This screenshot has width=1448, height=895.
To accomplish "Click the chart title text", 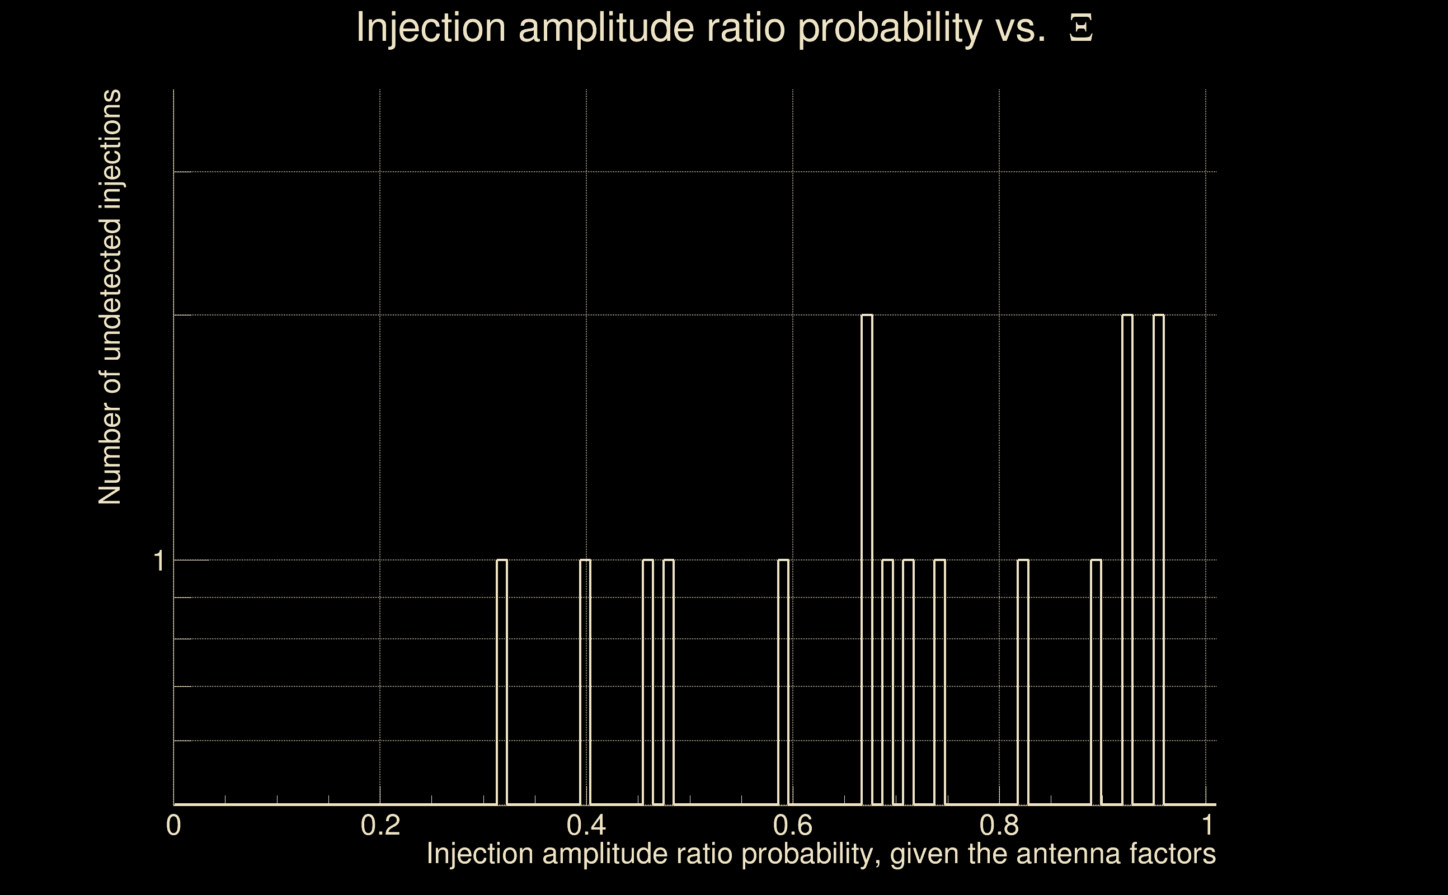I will (723, 28).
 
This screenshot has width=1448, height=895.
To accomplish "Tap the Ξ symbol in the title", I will (1080, 29).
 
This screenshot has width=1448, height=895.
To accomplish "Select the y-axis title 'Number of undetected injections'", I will (110, 297).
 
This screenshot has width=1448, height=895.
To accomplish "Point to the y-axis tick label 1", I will (158, 560).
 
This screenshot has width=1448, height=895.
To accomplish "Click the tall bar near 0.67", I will (867, 559).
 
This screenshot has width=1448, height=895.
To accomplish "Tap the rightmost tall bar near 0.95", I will (1159, 559).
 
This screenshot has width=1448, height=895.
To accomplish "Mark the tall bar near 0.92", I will (1128, 559).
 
